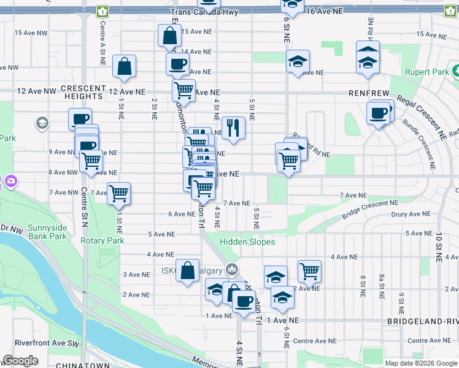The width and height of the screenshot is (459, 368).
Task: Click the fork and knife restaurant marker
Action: (233, 128)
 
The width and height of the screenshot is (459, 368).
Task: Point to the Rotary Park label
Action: (102, 240)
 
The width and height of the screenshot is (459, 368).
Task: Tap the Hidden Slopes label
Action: (247, 242)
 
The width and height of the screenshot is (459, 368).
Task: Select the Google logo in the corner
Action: (20, 361)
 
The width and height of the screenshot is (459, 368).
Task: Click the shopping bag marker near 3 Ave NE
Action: (188, 270)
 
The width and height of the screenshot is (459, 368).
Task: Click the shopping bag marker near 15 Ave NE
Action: (169, 36)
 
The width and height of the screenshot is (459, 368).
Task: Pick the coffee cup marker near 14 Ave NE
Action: (177, 63)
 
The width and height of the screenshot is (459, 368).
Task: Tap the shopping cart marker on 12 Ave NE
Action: (183, 91)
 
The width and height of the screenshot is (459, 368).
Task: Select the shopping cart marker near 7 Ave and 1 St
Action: (118, 193)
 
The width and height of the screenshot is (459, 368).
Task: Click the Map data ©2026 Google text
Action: (420, 363)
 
